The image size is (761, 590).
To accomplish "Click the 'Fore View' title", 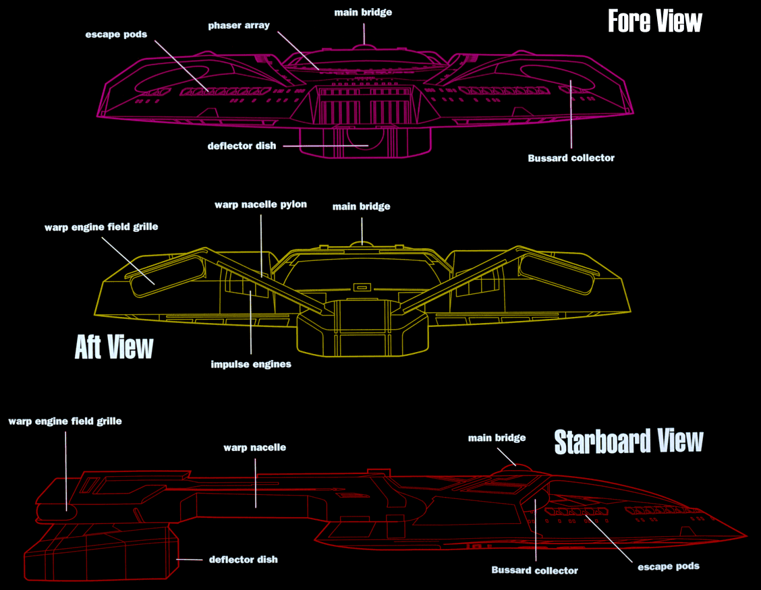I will click(x=654, y=21).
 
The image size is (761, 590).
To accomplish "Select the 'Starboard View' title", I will click(x=628, y=442).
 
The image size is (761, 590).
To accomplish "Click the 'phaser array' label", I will click(x=239, y=26).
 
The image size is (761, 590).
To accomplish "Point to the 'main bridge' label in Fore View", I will click(x=363, y=12).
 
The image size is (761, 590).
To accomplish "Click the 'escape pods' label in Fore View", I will click(x=117, y=34).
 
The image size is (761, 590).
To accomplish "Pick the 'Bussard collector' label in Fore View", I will click(x=571, y=158).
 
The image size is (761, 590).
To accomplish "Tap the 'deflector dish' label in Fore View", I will click(x=242, y=146).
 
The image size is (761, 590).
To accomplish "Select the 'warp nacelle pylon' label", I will click(x=260, y=204).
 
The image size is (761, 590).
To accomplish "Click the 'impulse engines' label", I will click(x=251, y=364).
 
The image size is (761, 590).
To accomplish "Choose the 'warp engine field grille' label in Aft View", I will click(x=101, y=227).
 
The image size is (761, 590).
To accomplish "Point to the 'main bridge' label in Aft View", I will click(x=362, y=206).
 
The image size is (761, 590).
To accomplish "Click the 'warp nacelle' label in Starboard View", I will click(x=255, y=447).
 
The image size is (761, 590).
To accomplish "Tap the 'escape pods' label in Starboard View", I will click(x=669, y=566).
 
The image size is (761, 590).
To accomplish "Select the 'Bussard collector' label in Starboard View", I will click(x=534, y=570).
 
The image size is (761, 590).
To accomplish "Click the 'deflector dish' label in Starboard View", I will click(x=243, y=560).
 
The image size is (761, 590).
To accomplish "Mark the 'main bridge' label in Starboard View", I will click(x=497, y=438).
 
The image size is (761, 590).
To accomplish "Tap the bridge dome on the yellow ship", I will click(x=362, y=241).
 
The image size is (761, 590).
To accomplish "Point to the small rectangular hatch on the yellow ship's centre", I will click(x=362, y=287).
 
